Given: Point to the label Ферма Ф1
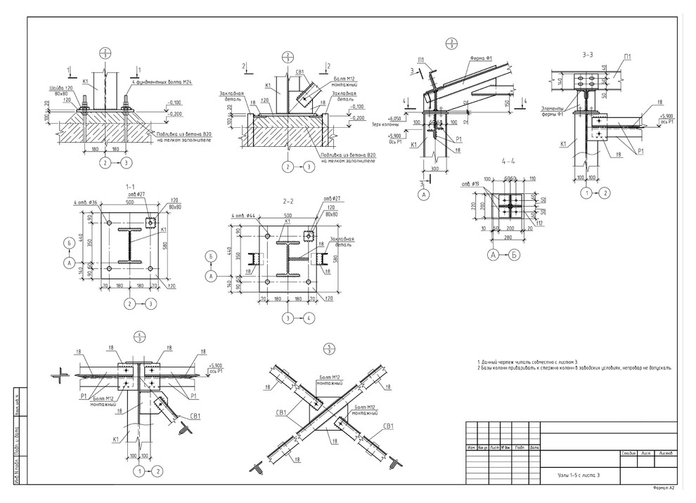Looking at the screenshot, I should point(480,58).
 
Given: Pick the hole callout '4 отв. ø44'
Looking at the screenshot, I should point(243,216).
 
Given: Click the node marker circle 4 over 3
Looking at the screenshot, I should point(140,336).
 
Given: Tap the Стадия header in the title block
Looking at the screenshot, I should point(628,453).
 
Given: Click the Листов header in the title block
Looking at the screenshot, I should point(663,453).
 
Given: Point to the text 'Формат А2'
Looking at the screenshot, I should point(663,487).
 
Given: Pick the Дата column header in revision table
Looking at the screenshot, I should point(534,447).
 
